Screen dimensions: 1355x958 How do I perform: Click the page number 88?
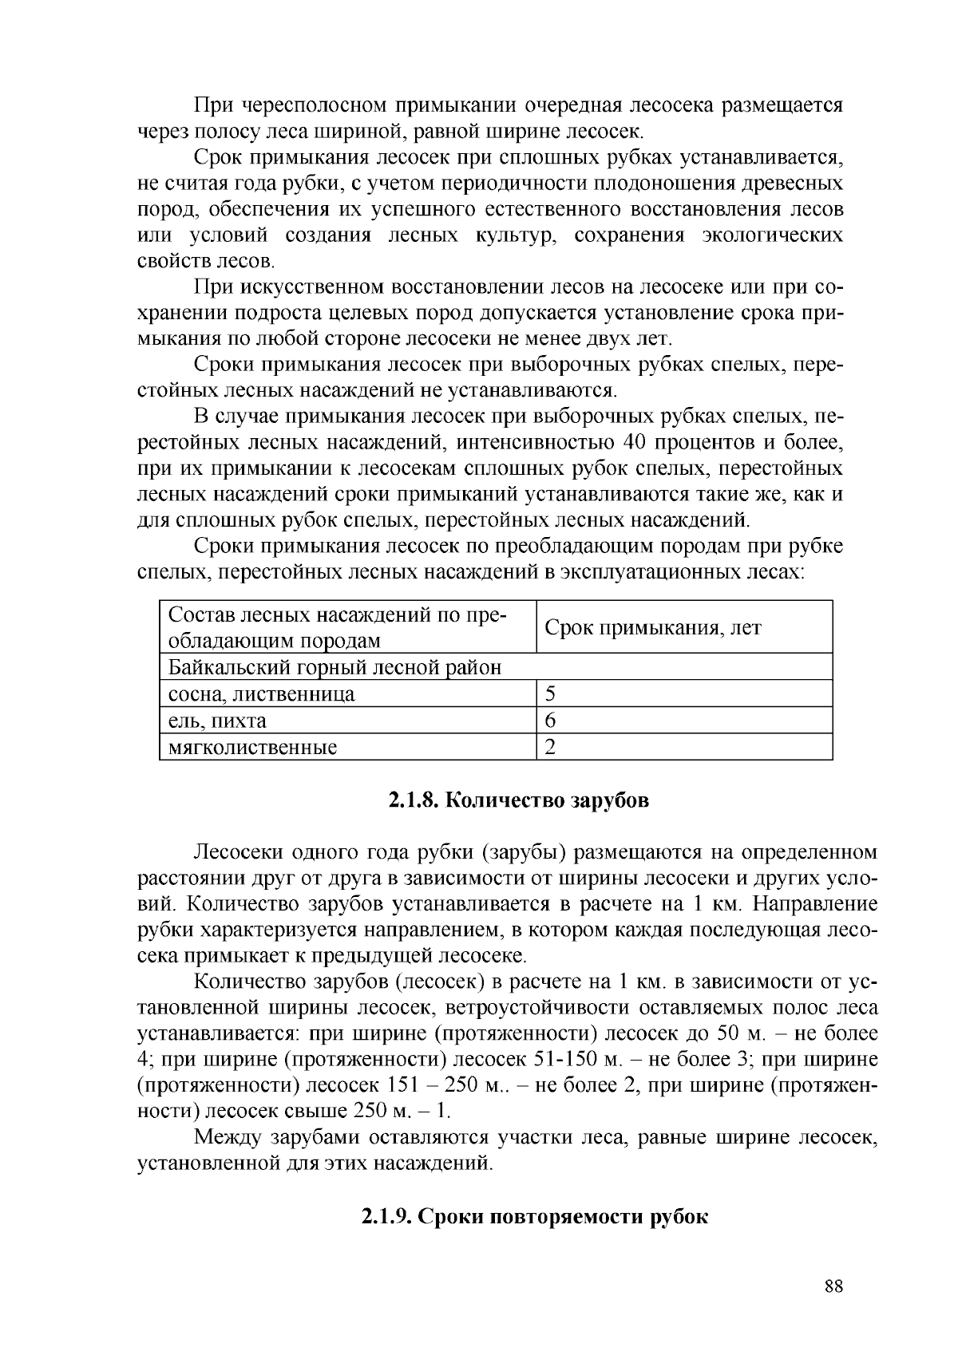click(833, 1286)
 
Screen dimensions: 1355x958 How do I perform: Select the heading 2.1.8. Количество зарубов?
click(518, 800)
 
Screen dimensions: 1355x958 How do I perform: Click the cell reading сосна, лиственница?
click(261, 694)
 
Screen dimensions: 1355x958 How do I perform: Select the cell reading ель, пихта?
click(217, 721)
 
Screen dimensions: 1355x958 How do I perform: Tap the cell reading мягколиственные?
click(252, 748)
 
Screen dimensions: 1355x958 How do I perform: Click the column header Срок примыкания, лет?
click(652, 627)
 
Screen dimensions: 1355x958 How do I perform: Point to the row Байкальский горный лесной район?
click(335, 667)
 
